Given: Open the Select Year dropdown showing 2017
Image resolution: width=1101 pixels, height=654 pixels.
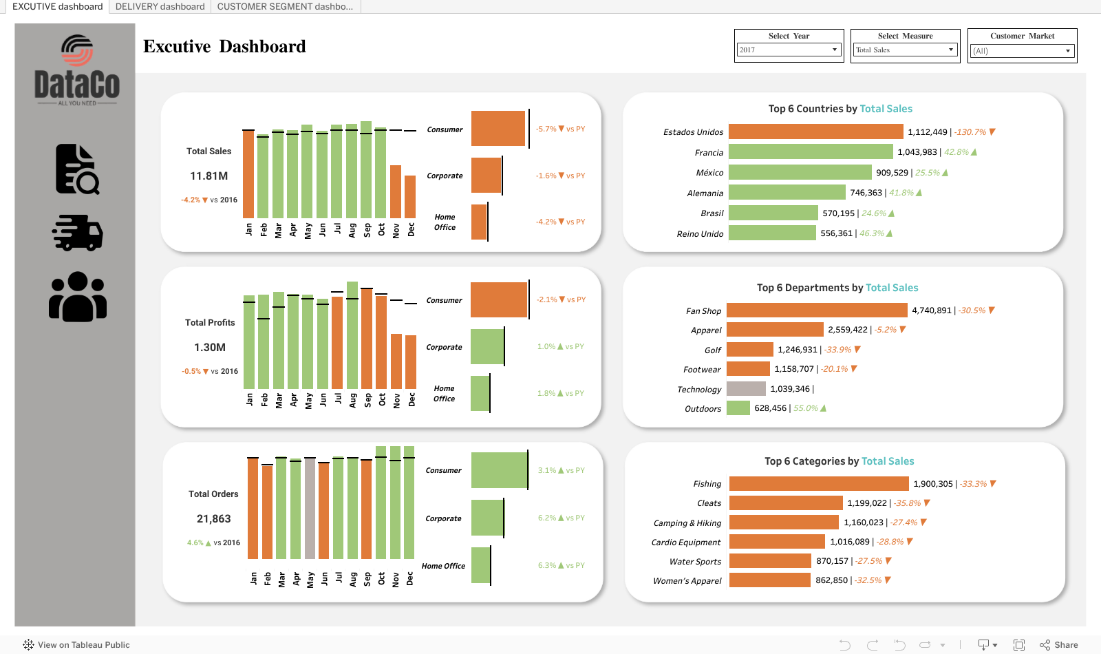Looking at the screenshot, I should click(x=789, y=50).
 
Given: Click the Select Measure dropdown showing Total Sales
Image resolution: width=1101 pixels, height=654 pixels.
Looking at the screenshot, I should click(x=905, y=50).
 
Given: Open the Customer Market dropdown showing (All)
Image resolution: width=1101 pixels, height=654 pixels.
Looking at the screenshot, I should click(x=1022, y=51).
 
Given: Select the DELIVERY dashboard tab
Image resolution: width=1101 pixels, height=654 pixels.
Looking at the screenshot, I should click(x=160, y=6).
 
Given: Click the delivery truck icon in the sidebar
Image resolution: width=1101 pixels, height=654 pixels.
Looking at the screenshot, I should click(x=78, y=233).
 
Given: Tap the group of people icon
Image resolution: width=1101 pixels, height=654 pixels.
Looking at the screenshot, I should click(x=78, y=297).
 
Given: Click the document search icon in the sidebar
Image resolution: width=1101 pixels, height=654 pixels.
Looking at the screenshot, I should click(x=77, y=169).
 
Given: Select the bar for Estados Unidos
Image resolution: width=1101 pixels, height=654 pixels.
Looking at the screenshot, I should click(x=815, y=131).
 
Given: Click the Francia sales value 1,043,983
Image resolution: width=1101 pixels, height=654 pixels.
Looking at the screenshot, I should click(x=917, y=152).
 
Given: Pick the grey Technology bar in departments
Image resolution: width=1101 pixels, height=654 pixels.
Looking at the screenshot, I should click(x=746, y=389).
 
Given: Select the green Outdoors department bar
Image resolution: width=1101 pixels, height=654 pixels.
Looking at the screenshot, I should click(x=738, y=408).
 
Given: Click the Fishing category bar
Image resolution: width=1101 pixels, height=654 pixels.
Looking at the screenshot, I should click(x=819, y=484).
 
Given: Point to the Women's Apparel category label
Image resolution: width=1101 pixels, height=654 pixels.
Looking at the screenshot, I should click(x=687, y=581).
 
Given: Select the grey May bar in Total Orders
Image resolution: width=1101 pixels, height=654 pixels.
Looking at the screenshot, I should click(x=310, y=509).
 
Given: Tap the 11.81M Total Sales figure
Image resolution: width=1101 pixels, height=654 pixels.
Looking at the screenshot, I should click(x=209, y=176).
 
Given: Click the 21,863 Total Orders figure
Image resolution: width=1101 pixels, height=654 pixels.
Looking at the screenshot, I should click(x=213, y=519).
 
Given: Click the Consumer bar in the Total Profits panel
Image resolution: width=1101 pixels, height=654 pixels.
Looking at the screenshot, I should click(x=499, y=300).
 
